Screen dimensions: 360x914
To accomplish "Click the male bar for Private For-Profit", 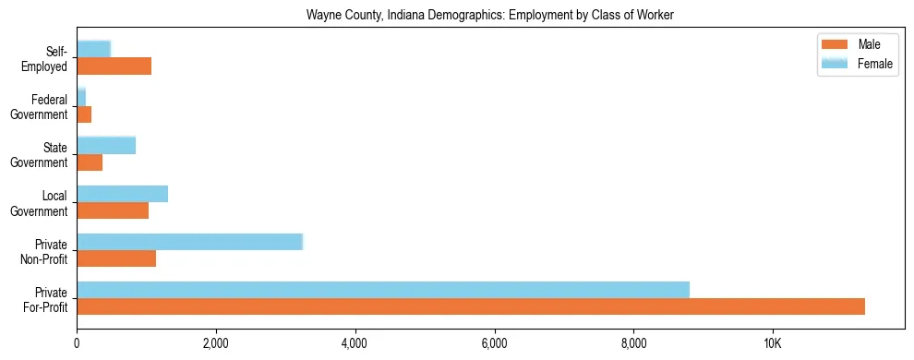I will point(471,306).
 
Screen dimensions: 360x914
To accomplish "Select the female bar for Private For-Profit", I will point(383,290).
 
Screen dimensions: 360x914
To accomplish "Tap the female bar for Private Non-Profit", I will point(189,242).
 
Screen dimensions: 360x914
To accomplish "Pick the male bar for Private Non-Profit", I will point(116,258).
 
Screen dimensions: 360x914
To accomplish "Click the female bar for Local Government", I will point(122,194).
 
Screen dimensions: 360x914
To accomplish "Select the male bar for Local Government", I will point(113,210).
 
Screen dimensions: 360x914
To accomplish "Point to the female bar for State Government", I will point(106,145).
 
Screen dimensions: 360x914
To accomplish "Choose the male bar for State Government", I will point(90,162).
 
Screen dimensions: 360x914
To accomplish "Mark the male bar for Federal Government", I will point(84,114).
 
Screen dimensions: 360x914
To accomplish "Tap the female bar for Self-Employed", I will point(93,49).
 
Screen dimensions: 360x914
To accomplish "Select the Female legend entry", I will point(859,64).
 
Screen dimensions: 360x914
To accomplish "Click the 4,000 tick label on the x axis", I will point(355,343).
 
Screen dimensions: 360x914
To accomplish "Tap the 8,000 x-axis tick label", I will point(633,343).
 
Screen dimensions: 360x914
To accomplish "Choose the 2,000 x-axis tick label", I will point(216,343).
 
